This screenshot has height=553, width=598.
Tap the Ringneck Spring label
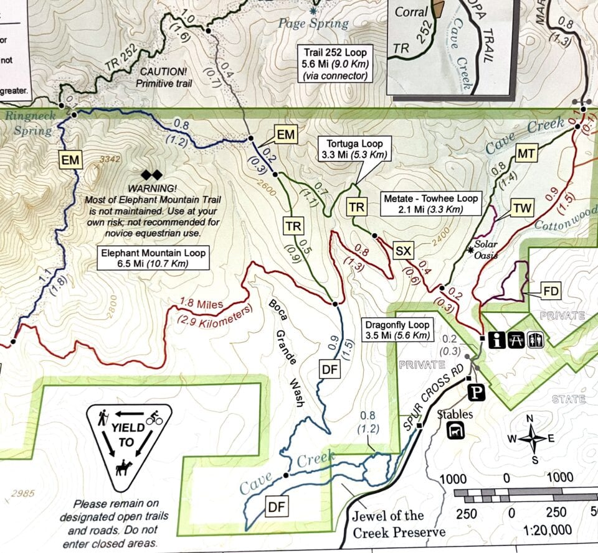29,123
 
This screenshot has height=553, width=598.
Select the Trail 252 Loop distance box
335,63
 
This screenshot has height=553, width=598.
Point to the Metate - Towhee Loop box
430,203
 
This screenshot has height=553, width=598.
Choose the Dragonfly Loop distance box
398,330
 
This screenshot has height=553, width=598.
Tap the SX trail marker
404,251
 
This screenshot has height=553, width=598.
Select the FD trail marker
551,290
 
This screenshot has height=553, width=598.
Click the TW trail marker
523,208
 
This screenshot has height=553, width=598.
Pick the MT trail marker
527,153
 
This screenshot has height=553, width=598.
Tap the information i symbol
497,340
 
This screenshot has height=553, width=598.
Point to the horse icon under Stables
458,430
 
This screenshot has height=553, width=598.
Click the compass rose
531,439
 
